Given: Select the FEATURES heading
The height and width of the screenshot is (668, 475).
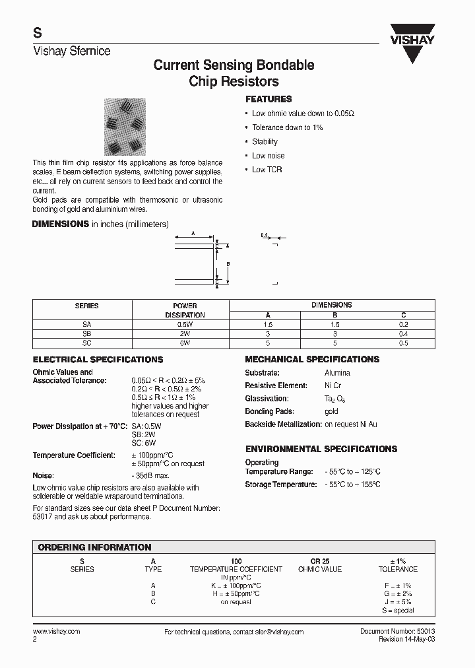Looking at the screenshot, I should (269, 99).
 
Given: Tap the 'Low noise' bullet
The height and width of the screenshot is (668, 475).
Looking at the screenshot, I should (268, 156).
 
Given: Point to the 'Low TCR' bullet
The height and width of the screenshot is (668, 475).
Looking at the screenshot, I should (267, 170).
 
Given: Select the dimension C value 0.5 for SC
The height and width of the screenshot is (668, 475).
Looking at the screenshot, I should (403, 343).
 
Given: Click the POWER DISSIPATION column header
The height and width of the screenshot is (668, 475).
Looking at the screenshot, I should (185, 310).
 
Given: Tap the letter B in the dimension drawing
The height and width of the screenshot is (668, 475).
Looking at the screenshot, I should (227, 264).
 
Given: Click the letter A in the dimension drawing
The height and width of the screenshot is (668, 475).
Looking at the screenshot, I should (192, 234).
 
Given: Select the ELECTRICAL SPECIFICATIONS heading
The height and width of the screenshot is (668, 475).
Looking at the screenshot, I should (98, 360).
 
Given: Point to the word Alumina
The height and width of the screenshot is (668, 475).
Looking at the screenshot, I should (337, 373).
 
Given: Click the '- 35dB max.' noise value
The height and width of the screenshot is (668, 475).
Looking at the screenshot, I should (150, 475).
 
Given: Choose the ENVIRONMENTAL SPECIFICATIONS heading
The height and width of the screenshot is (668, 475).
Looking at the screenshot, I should (321, 449).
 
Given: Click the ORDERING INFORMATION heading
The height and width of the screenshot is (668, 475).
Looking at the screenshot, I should (94, 547).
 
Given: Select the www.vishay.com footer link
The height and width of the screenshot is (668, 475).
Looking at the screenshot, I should (56, 632).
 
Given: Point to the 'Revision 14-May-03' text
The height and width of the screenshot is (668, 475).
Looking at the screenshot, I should (406, 640).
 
